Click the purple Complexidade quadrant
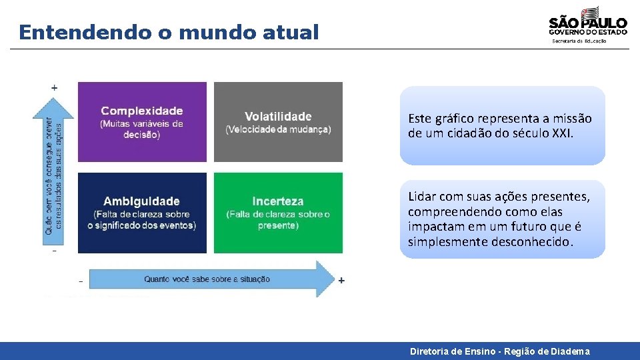[x=142, y=121]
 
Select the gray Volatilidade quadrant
[x=278, y=121]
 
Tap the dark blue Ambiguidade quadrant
[x=142, y=213]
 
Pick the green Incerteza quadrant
[x=278, y=213]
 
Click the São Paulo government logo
[x=587, y=21]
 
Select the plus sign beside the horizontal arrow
[x=341, y=281]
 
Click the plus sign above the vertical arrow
[x=54, y=87]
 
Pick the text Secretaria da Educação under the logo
[x=579, y=41]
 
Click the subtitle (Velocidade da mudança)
[x=278, y=129]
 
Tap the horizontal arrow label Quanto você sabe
[x=207, y=279]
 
